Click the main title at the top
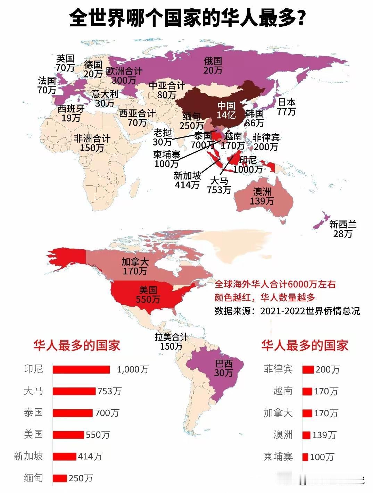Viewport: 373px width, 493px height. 187,18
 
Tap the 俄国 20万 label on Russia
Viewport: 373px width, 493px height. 213,66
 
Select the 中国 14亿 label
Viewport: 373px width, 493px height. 226,110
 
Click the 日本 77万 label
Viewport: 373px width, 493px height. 287,107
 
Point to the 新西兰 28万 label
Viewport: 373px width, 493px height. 343,229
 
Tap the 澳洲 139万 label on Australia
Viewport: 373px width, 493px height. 262,197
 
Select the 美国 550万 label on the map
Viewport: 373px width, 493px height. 148,294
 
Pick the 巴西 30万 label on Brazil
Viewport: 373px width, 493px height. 224,368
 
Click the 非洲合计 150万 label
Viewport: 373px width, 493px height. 92,143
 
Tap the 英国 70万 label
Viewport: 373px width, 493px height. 65,63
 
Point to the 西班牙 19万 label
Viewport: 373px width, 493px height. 71,113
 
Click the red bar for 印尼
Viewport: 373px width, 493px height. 81,369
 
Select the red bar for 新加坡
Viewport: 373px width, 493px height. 64,456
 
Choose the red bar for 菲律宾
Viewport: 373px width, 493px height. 308,369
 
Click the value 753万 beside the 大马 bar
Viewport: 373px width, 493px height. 109,391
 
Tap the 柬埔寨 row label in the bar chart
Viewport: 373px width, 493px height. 278,457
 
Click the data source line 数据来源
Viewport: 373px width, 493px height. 287,311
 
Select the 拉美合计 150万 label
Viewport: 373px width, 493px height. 171,342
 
